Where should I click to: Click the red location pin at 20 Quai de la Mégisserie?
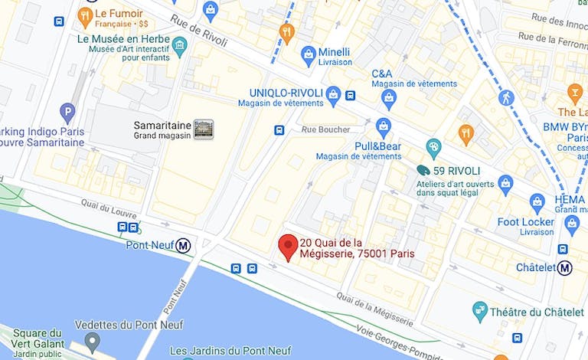click(288, 247)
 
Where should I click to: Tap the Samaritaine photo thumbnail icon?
click(203, 129)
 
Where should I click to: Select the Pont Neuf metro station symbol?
click(183, 246)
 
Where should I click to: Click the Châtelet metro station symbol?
click(564, 268)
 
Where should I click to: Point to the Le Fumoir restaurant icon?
click(86, 15)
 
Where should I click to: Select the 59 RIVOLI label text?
click(458, 170)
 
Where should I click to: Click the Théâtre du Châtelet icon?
click(480, 310)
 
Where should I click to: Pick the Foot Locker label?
click(525, 222)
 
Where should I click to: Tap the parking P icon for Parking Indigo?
click(67, 113)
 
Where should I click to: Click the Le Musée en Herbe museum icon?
click(179, 45)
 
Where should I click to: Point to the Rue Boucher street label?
click(325, 129)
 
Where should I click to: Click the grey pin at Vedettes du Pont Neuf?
click(92, 340)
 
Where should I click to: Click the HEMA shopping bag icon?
click(537, 203)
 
